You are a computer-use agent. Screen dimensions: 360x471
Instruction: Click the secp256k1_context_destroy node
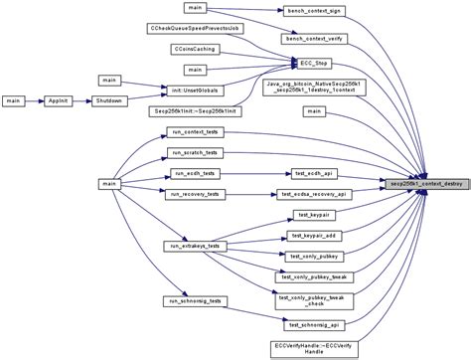pos(424,183)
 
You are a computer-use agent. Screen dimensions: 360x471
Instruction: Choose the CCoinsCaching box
pos(194,48)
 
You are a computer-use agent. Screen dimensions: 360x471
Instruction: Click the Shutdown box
pos(109,100)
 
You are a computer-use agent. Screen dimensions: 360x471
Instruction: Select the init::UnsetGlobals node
pos(194,90)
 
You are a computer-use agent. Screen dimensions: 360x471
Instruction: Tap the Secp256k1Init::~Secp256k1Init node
pos(194,111)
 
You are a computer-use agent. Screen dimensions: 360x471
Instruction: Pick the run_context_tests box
pos(194,131)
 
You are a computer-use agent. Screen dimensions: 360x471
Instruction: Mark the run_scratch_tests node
pos(194,152)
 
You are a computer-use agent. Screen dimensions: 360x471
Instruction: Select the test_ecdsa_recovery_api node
pos(313,194)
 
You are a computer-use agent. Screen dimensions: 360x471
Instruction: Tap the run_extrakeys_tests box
pos(194,245)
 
